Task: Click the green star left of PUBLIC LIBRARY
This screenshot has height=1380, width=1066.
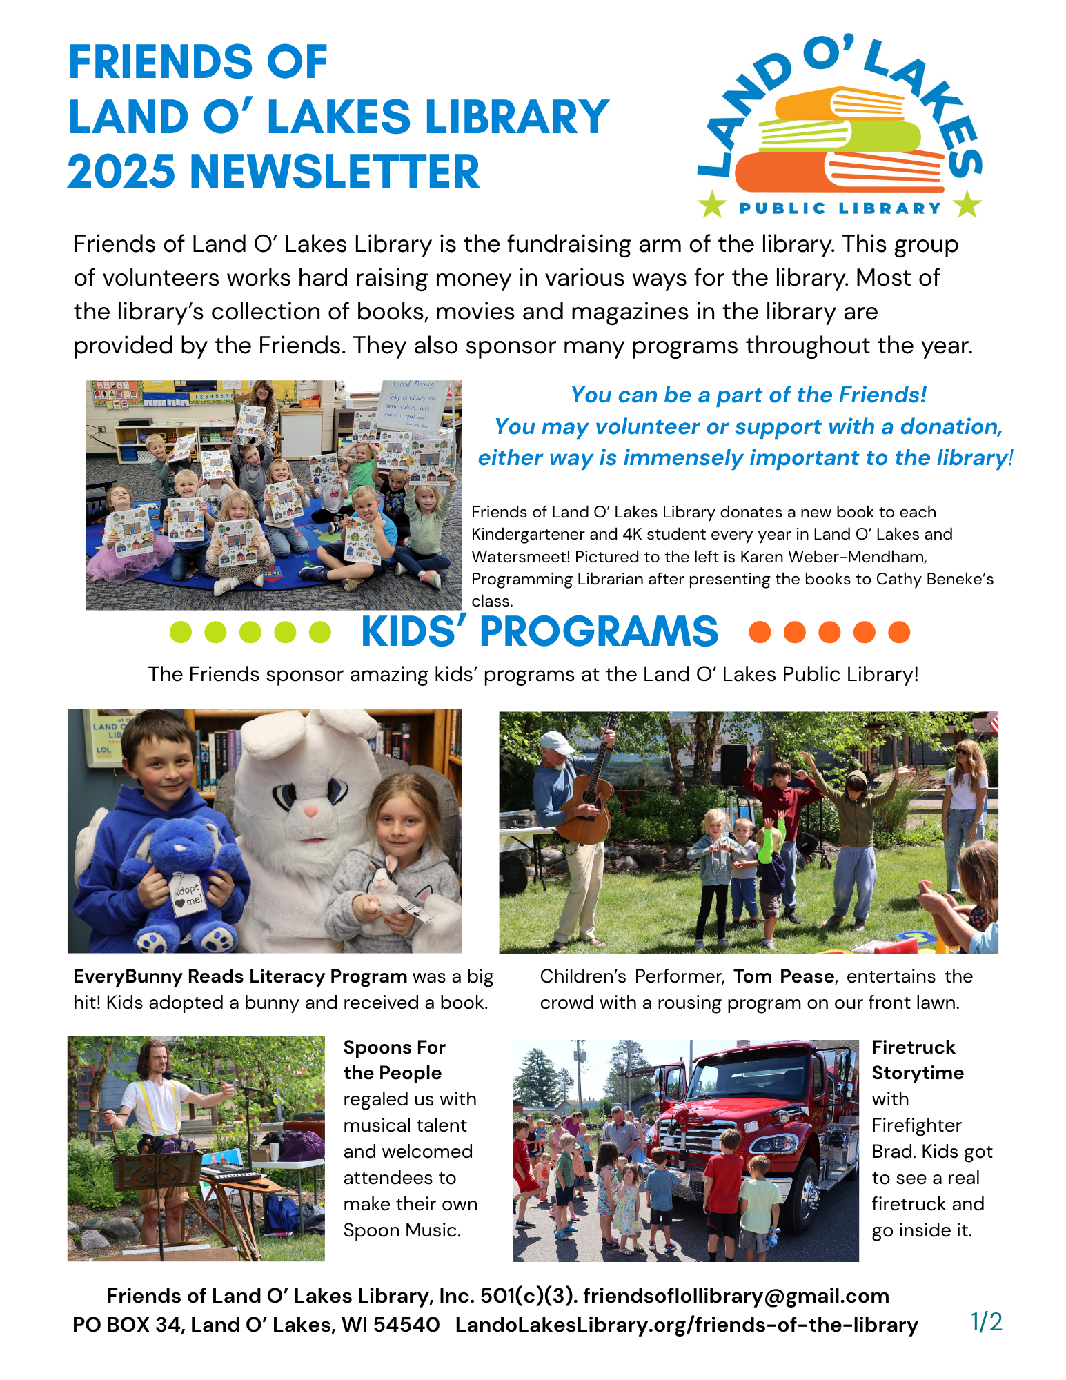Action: [712, 205]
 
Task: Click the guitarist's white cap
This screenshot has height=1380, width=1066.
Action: [556, 742]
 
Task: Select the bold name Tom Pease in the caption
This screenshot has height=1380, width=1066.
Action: [784, 976]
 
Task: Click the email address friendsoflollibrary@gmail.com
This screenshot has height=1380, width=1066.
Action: [736, 1296]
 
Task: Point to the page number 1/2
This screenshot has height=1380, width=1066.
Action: [986, 1322]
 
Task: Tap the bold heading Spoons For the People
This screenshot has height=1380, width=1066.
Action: [394, 1060]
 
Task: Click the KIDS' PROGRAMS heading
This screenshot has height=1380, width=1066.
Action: [539, 631]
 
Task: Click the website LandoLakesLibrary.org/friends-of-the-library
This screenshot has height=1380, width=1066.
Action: [687, 1325]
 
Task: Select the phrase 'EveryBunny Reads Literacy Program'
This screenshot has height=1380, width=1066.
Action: [240, 976]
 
